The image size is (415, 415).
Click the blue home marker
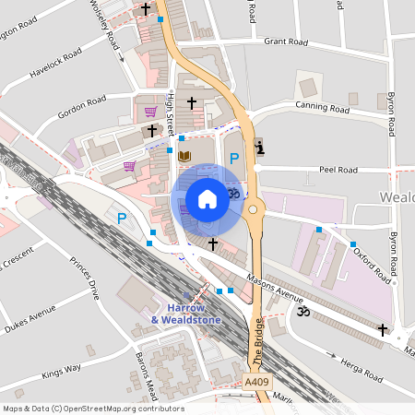[207, 198]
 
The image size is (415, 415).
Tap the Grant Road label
[285, 41]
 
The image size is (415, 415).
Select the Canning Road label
[323, 110]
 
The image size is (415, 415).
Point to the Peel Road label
[338, 170]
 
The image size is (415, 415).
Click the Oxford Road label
[372, 262]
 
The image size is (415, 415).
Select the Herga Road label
[361, 369]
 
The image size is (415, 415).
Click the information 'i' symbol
[258, 147]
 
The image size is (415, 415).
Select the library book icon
[184, 155]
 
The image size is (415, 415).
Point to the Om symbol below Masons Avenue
[299, 314]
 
